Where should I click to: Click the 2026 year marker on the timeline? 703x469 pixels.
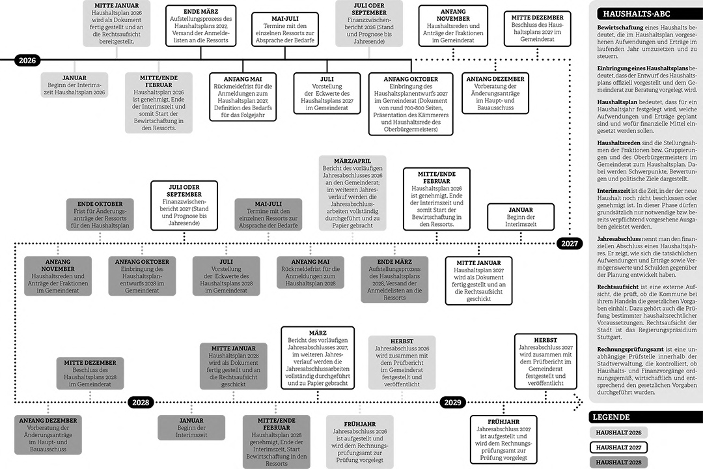pos(27,60)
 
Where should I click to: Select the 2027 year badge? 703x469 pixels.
pos(570,244)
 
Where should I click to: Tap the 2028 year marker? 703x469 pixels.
pos(141,402)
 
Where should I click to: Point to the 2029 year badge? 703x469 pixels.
pos(452,402)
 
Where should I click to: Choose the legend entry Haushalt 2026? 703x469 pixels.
pos(618,433)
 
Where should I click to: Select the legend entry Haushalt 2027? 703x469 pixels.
pos(618,448)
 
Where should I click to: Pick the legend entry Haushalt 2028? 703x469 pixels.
pos(618,462)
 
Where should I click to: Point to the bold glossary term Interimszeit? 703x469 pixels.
pos(613,191)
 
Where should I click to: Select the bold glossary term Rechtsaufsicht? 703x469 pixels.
pos(617,287)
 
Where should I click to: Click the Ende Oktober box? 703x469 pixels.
pos(100,214)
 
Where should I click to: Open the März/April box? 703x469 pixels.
pos(352,193)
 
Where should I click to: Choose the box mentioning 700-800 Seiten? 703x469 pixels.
pos(411,104)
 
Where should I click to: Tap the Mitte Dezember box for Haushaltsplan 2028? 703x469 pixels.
pos(90,373)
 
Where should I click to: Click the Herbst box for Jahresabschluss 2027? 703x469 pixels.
pos(545,362)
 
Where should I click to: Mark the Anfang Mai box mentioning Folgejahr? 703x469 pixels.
pos(243,97)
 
